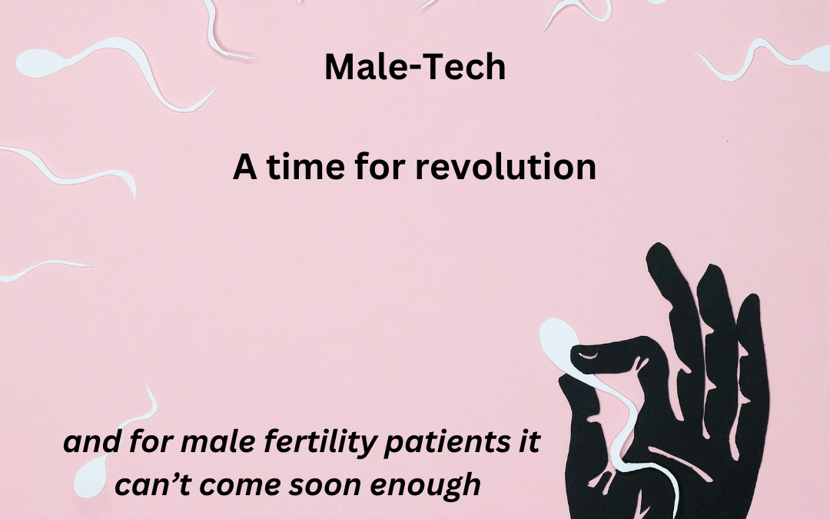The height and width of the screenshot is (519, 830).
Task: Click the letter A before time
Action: (244, 167)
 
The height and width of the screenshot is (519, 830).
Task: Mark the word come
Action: (235, 485)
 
